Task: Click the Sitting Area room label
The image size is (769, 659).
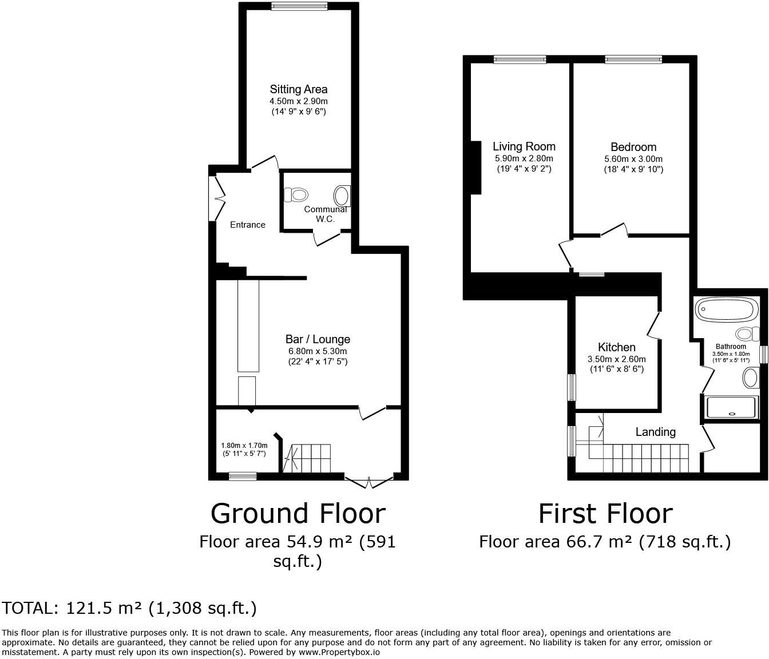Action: click(x=298, y=89)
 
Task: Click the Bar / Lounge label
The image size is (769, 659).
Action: click(x=318, y=339)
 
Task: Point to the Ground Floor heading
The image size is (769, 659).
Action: click(x=298, y=513)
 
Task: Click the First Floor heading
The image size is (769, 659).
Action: click(x=605, y=513)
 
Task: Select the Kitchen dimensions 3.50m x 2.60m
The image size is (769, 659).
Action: click(x=616, y=359)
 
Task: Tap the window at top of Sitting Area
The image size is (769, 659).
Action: click(x=299, y=7)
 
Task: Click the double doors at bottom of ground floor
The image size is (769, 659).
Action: click(x=369, y=482)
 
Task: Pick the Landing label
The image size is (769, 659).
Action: click(x=655, y=432)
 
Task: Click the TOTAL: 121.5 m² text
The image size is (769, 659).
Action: click(x=129, y=608)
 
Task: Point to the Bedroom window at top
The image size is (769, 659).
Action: click(x=633, y=59)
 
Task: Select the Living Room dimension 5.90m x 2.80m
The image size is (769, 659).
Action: click(x=524, y=158)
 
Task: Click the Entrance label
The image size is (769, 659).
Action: click(x=248, y=225)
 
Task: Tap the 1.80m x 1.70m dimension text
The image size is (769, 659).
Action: click(x=244, y=446)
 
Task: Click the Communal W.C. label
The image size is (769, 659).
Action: click(x=326, y=214)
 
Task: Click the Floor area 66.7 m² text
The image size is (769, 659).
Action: click(x=605, y=542)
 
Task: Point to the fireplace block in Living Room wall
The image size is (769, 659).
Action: click(x=475, y=168)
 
